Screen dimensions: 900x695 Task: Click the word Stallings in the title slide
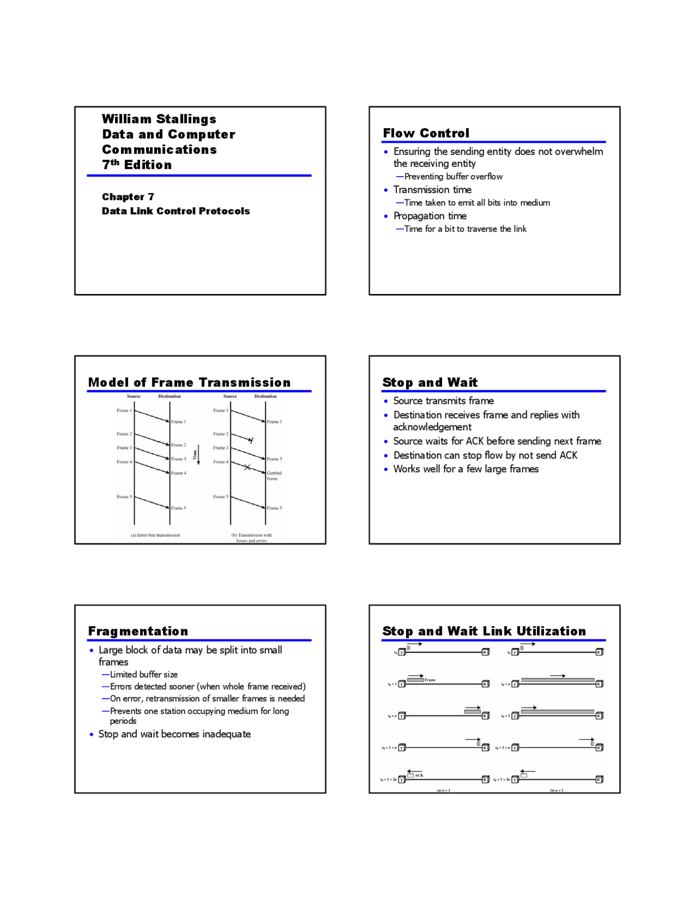186,119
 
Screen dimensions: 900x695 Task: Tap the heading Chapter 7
128,197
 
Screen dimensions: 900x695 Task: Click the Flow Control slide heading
426,133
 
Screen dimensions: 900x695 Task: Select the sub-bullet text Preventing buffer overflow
453,177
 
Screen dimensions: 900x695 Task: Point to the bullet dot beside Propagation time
386,217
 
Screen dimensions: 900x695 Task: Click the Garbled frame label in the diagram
274,476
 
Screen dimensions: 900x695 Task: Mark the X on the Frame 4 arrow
247,467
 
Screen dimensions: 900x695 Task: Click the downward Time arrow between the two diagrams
198,454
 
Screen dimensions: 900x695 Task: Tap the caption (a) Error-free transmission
155,535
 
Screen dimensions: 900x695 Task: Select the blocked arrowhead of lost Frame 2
250,440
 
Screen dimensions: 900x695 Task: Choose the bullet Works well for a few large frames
465,469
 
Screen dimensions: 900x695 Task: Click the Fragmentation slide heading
138,631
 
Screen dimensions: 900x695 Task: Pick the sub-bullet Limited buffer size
143,674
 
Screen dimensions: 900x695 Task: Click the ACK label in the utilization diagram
419,776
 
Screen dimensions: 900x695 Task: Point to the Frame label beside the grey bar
430,680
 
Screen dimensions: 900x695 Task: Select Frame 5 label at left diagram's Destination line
178,508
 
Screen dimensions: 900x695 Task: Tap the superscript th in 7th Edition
115,162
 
